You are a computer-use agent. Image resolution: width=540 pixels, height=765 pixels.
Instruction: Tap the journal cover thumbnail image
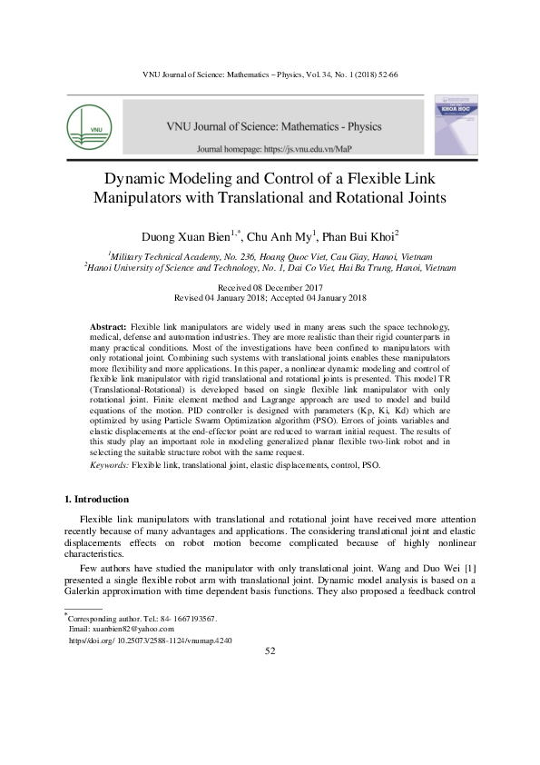pos(456,125)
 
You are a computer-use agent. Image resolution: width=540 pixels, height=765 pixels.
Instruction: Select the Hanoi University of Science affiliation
pos(269,268)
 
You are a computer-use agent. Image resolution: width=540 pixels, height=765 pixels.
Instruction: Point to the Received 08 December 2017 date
pos(270,287)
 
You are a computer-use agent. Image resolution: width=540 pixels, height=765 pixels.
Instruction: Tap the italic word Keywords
pos(110,464)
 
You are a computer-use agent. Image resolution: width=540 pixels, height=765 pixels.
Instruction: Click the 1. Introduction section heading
pos(96,500)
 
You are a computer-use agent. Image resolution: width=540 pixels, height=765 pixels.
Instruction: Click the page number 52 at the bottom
pos(270,651)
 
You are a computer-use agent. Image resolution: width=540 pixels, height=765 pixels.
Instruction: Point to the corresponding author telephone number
pos(195,618)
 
